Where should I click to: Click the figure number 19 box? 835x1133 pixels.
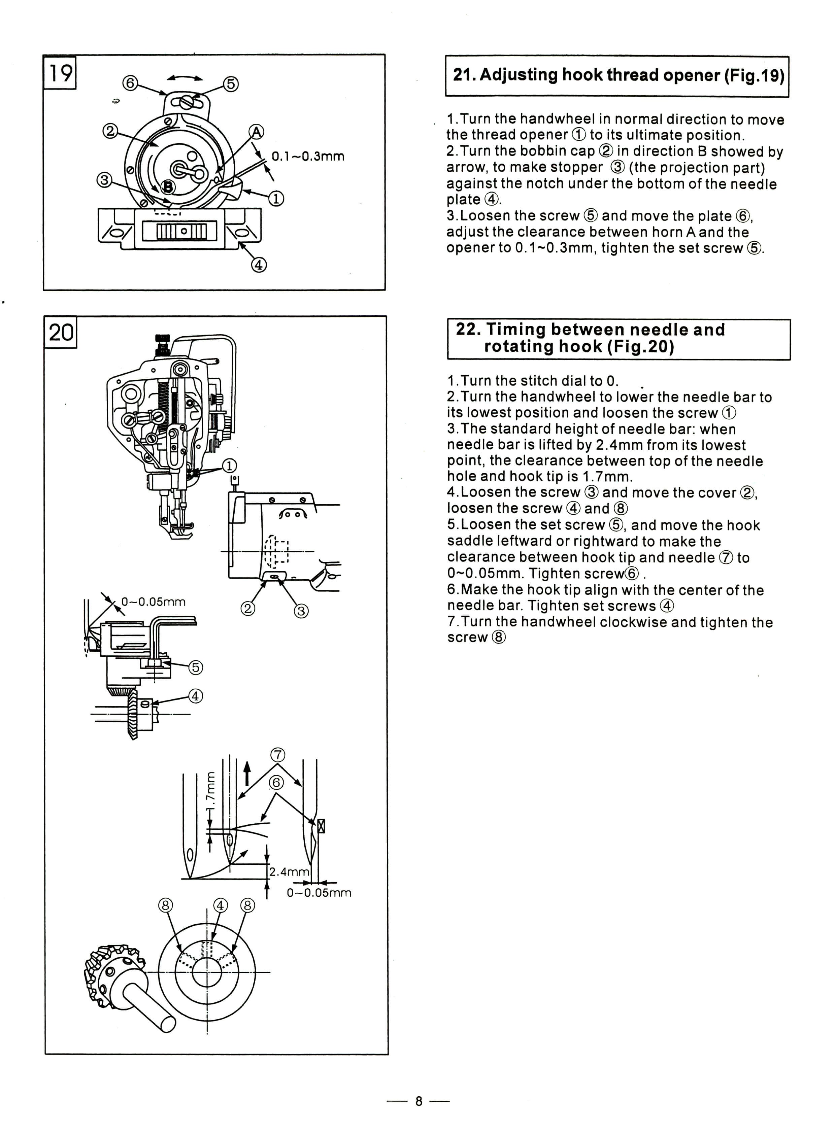(60, 72)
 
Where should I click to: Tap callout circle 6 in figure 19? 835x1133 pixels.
(130, 82)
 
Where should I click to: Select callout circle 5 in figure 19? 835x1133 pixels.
(231, 84)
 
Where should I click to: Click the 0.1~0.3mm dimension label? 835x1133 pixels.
(308, 156)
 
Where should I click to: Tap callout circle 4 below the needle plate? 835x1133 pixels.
(258, 265)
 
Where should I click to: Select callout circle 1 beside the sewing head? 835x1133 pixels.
(230, 466)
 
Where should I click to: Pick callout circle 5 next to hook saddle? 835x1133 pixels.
(196, 667)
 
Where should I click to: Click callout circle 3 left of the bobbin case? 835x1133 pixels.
(104, 180)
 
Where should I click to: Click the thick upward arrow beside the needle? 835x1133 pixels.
(247, 774)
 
